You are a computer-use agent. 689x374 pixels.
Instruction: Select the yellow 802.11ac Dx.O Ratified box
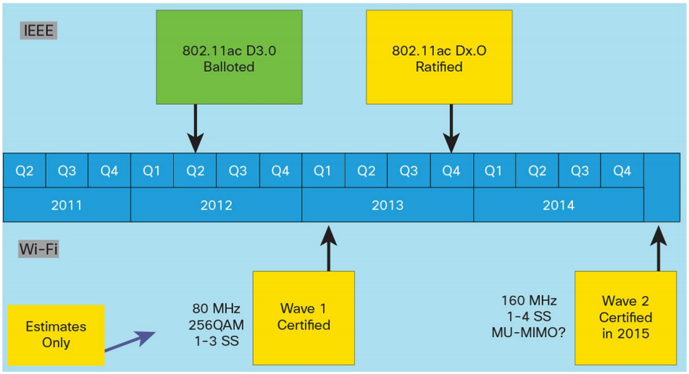[438, 58]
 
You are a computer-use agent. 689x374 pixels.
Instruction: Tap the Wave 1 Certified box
[304, 318]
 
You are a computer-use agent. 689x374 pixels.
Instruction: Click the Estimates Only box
[56, 334]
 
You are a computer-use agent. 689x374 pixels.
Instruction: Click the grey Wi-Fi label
[38, 250]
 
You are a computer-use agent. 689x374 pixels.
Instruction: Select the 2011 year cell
[67, 205]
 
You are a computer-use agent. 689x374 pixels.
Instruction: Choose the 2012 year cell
[216, 205]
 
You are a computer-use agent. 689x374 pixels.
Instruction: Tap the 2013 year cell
[388, 205]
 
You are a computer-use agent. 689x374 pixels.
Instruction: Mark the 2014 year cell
[559, 205]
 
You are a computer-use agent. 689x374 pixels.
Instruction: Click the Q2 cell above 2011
[25, 171]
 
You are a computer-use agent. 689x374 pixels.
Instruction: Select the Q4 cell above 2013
[451, 171]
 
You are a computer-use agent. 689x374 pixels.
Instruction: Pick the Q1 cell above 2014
[494, 171]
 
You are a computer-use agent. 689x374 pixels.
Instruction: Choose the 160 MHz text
[526, 299]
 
